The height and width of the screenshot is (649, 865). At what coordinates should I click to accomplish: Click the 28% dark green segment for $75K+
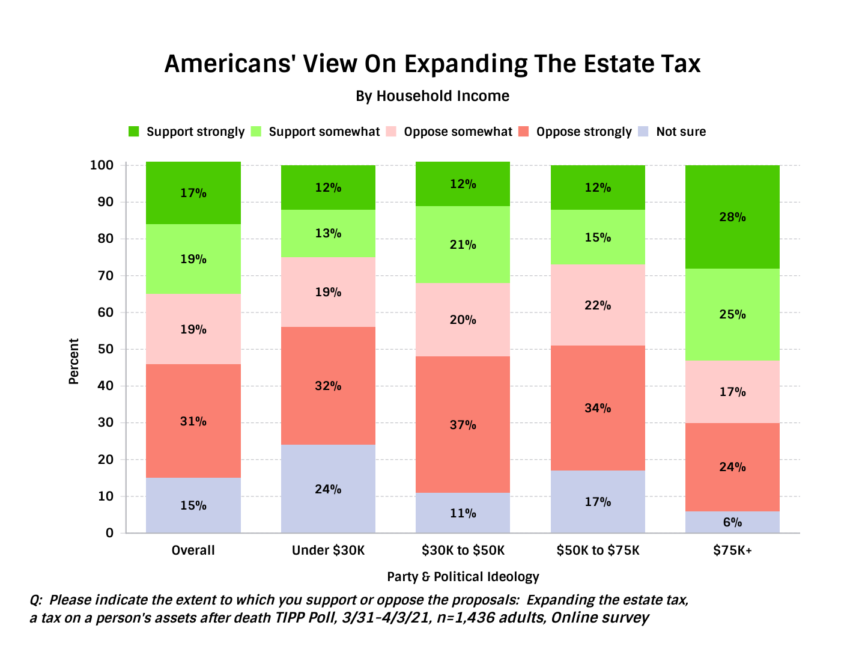coord(732,217)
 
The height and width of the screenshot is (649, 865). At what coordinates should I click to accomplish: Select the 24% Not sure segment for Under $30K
coord(328,489)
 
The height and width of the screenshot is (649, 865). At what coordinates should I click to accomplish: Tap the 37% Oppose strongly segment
coord(463,424)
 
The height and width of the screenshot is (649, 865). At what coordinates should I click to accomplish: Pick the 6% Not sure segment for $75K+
coord(732,522)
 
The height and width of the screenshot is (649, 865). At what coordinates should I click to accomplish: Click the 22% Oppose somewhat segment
coord(598,305)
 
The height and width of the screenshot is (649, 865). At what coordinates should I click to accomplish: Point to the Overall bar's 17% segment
coord(193,193)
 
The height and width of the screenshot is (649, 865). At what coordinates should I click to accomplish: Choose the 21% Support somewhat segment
coord(463,245)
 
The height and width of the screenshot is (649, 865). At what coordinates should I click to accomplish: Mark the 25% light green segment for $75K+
coord(732,314)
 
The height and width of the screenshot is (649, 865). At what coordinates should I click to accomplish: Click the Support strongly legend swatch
coord(134,132)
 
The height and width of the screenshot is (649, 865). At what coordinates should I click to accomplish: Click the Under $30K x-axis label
coord(328,550)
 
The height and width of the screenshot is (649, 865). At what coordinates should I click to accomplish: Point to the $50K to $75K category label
coord(598,550)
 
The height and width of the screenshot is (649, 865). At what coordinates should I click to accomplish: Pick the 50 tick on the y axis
coord(105,349)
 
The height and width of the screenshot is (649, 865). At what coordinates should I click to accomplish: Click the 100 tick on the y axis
coord(102,165)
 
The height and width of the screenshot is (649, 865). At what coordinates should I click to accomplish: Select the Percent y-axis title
coord(74,361)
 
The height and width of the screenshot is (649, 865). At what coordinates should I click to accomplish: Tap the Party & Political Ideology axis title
coord(463,577)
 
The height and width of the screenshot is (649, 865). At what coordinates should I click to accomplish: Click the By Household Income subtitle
coord(432,96)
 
